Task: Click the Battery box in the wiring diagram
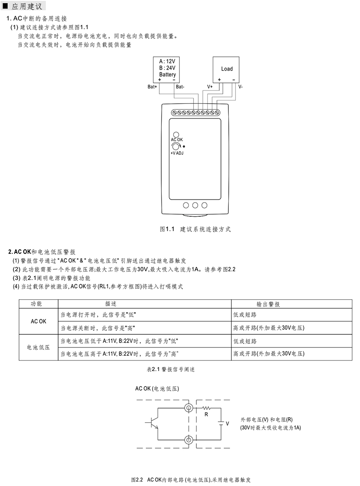[x=166, y=70]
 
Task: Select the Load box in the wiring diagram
[x=226, y=70]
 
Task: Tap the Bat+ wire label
[x=152, y=87]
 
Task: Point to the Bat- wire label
[x=180, y=87]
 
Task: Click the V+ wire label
[x=210, y=87]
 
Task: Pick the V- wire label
[x=240, y=87]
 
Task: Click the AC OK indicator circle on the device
[x=176, y=134]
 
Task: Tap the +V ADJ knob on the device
[x=176, y=147]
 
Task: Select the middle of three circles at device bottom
[x=195, y=205]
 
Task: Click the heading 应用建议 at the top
[x=27, y=6]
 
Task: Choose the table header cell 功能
[x=36, y=304]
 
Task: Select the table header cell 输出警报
[x=268, y=304]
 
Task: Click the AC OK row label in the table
[x=38, y=322]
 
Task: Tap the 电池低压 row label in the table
[x=38, y=348]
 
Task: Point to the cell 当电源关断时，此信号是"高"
[x=98, y=328]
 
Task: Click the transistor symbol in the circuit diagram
[x=153, y=423]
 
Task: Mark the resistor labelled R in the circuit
[x=206, y=408]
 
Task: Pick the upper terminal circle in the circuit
[x=189, y=408]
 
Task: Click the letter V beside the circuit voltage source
[x=227, y=424]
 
